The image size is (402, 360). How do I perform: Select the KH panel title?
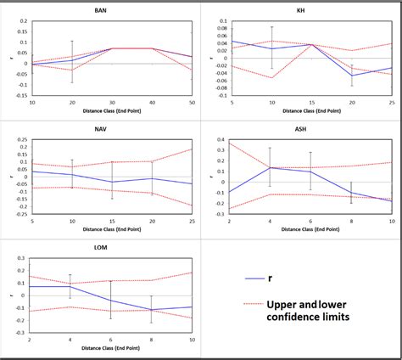(300, 10)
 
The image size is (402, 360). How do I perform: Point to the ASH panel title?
(300, 131)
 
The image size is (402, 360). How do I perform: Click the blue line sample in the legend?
(256, 278)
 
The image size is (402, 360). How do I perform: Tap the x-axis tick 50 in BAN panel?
(192, 103)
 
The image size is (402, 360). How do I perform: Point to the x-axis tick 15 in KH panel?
(312, 103)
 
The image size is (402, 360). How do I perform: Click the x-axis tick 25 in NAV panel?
(192, 222)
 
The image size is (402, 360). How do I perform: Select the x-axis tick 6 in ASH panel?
(310, 222)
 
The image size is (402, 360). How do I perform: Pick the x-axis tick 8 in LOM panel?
(151, 340)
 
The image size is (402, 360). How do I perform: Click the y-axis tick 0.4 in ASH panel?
(221, 140)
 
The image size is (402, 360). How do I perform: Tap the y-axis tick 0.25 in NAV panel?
(21, 139)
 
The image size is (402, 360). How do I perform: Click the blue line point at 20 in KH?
(351, 76)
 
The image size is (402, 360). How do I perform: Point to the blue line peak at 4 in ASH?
(271, 167)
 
